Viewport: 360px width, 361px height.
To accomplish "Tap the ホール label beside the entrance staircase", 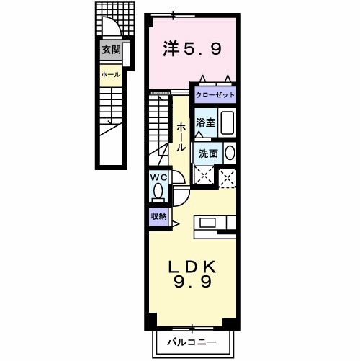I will click(110, 74).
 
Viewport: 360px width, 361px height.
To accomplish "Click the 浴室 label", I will click(207, 122).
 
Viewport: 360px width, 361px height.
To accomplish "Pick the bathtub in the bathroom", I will click(228, 122).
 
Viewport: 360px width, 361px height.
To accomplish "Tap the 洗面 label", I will click(208, 153).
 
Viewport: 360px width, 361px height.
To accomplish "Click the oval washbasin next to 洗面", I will click(230, 153).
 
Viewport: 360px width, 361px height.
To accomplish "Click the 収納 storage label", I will click(158, 216).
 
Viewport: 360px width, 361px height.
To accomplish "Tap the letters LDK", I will click(192, 266).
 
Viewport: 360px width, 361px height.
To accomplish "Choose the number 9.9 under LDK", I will click(192, 282).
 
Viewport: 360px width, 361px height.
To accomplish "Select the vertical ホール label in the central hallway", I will click(181, 136).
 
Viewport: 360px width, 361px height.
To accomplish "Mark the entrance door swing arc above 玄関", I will click(111, 27).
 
